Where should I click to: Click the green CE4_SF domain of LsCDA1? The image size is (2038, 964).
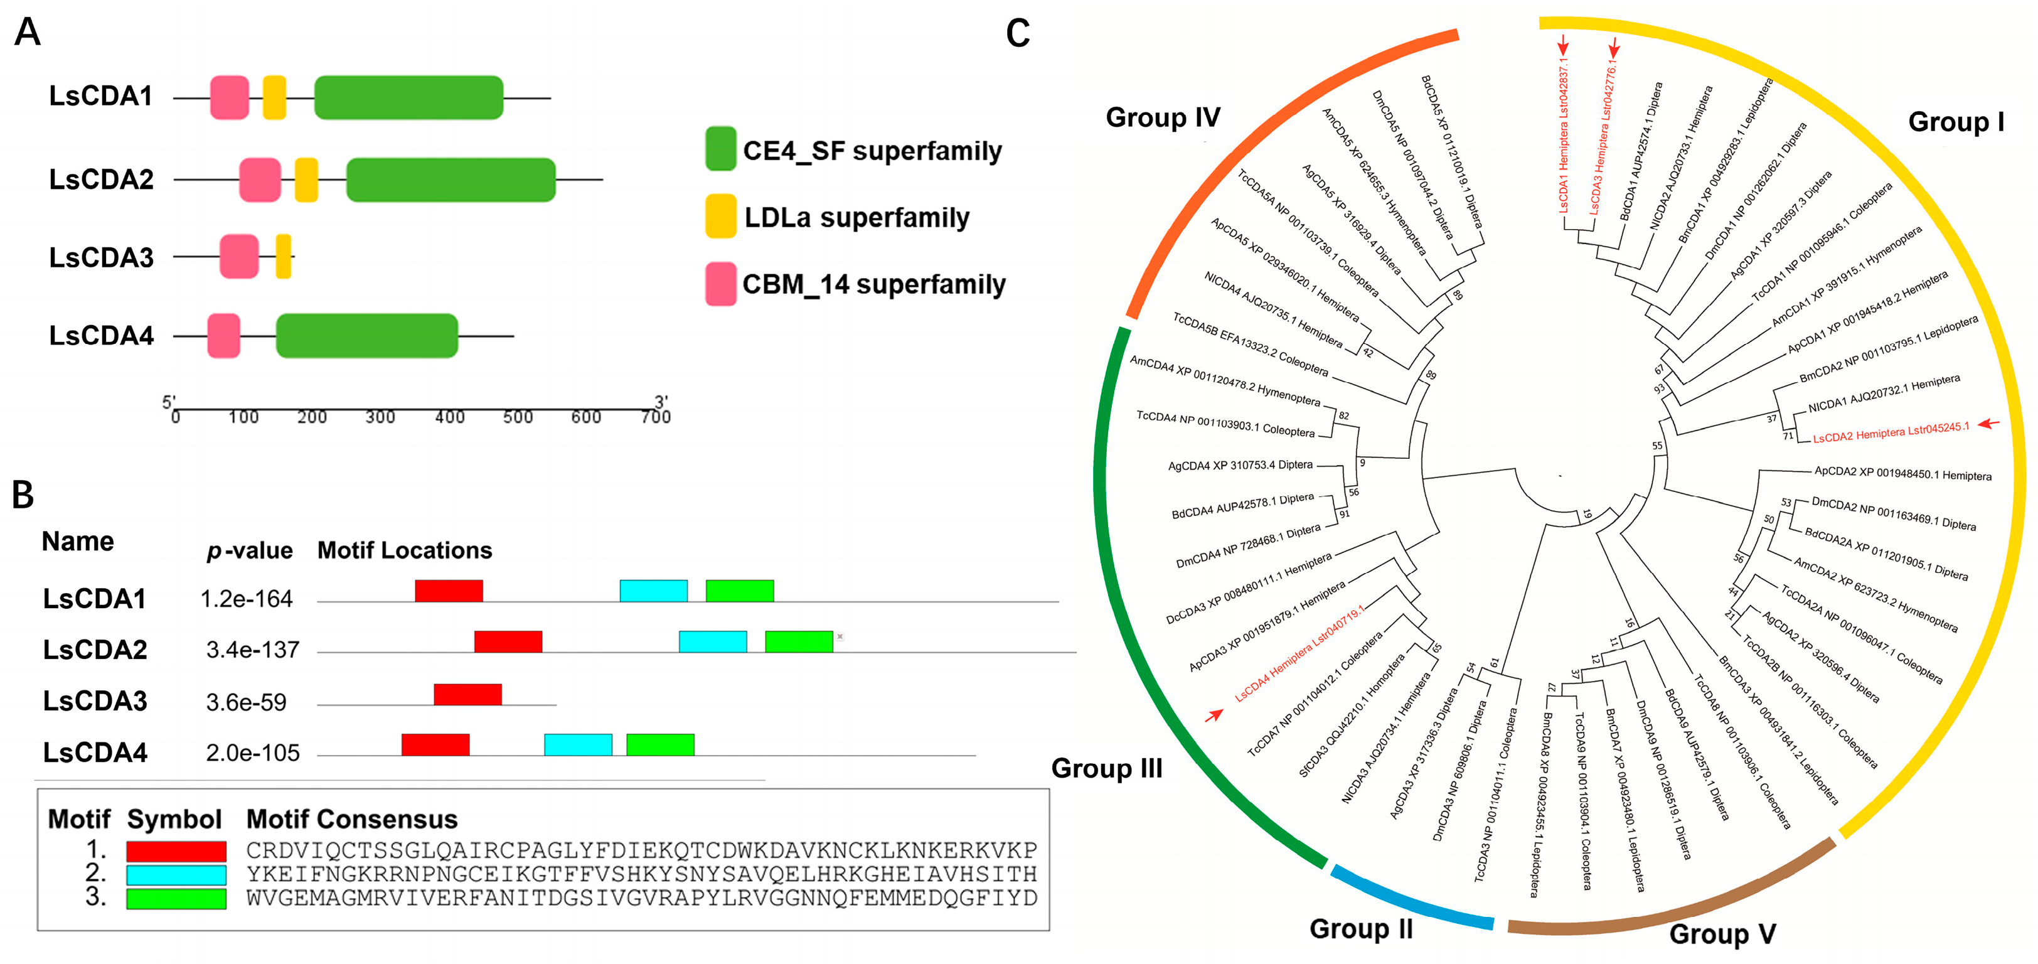(x=408, y=97)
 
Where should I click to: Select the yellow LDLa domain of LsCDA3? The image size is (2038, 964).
(x=283, y=257)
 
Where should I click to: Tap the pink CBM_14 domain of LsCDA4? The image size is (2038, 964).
(x=224, y=336)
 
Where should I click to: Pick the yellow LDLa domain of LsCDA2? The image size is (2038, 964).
(x=306, y=179)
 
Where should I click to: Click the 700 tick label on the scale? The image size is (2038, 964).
(x=656, y=417)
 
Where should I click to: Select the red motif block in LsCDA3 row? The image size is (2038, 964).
(x=467, y=694)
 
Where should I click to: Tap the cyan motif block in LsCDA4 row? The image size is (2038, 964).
(x=577, y=745)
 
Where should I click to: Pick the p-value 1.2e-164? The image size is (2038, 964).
(x=246, y=599)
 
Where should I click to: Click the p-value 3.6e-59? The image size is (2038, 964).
(x=246, y=702)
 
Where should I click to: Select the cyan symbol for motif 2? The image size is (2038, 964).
(x=176, y=874)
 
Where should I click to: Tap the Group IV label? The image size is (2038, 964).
(x=1162, y=117)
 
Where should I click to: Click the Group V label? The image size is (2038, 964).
(x=1722, y=934)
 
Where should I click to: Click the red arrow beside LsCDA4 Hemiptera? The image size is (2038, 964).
(x=1214, y=715)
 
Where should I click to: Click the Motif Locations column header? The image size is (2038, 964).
(x=404, y=550)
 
